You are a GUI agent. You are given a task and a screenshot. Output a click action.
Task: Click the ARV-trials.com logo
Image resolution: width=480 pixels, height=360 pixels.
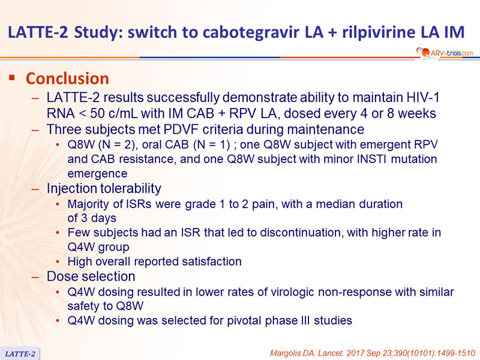pyautogui.click(x=445, y=53)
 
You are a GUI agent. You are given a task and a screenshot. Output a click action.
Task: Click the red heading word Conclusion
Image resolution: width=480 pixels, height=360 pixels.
pyautogui.click(x=67, y=79)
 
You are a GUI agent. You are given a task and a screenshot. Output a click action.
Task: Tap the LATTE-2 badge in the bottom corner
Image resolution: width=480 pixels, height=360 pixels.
pyautogui.click(x=20, y=354)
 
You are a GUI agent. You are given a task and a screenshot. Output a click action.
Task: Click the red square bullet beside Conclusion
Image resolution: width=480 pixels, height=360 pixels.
pyautogui.click(x=12, y=77)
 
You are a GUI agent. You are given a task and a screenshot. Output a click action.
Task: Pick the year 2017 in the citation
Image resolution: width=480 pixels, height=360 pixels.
pyautogui.click(x=355, y=353)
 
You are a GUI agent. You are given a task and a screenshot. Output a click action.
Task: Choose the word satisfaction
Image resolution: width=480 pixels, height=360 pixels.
pyautogui.click(x=212, y=262)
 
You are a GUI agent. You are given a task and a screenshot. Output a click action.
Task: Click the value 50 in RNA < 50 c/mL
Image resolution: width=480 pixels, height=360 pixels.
pyautogui.click(x=98, y=113)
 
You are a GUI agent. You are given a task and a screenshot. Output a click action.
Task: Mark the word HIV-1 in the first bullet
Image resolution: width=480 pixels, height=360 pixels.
pyautogui.click(x=423, y=97)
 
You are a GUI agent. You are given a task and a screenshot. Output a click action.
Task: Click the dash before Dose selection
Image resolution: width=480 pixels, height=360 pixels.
pyautogui.click(x=35, y=277)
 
